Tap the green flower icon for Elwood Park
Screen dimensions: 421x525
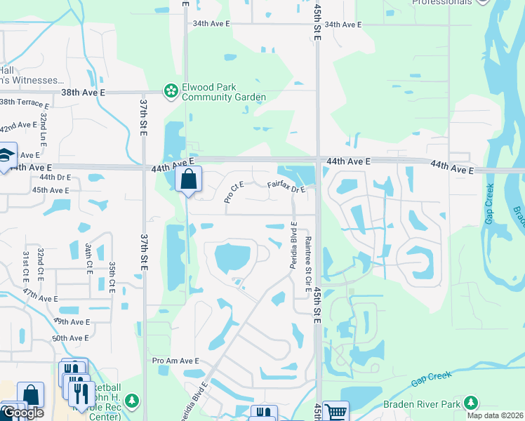170,91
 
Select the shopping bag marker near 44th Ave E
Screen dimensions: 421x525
188,180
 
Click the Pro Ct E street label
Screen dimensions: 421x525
234,192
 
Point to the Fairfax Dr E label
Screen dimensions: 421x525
286,187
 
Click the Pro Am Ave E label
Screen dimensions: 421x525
175,361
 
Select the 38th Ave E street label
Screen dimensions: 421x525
83,92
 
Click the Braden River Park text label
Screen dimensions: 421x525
420,404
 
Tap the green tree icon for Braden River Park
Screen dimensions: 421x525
471,403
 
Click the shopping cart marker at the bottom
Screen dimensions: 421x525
335,412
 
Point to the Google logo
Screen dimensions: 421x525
23,413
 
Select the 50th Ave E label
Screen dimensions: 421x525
71,338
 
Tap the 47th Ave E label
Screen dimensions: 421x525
39,298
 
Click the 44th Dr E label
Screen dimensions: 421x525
51,178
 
